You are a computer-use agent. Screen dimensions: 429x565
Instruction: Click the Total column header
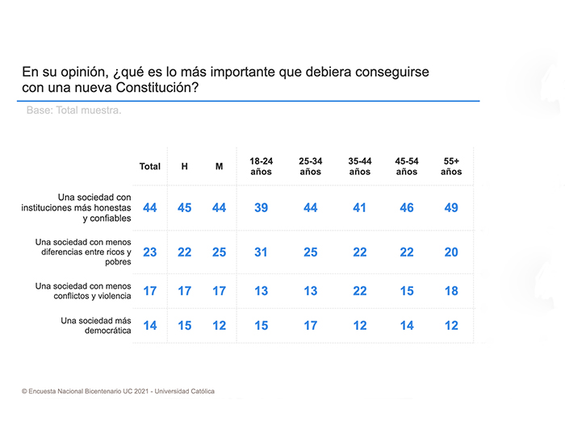click(x=149, y=167)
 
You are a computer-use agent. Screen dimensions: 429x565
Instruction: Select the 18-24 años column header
click(x=261, y=166)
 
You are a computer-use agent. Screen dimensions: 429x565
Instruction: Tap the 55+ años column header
click(x=451, y=166)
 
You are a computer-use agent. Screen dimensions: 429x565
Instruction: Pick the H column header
click(x=184, y=167)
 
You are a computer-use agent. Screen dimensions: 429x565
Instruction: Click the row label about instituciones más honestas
click(x=77, y=207)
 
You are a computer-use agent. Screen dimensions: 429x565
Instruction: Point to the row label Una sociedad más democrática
click(x=95, y=326)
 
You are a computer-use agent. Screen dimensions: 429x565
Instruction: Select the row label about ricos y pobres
click(x=83, y=252)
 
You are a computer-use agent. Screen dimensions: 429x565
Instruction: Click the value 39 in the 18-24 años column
click(x=261, y=208)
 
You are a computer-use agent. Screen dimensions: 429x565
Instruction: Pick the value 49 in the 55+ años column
click(x=451, y=208)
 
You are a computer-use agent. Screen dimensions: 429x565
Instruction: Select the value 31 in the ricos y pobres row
click(x=261, y=252)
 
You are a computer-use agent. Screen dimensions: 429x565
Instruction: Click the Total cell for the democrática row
click(x=149, y=326)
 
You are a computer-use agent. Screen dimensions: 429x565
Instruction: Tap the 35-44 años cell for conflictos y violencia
click(x=360, y=291)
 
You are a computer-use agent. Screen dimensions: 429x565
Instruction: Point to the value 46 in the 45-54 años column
click(x=407, y=208)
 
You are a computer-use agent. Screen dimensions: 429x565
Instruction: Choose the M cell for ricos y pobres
click(x=219, y=252)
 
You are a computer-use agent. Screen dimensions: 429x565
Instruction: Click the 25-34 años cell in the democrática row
click(x=310, y=326)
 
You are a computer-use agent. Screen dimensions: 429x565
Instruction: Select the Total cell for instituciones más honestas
click(x=149, y=208)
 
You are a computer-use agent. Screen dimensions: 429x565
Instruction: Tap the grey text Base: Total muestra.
click(x=73, y=110)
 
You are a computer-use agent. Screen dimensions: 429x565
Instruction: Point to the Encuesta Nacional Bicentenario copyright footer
click(x=118, y=391)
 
